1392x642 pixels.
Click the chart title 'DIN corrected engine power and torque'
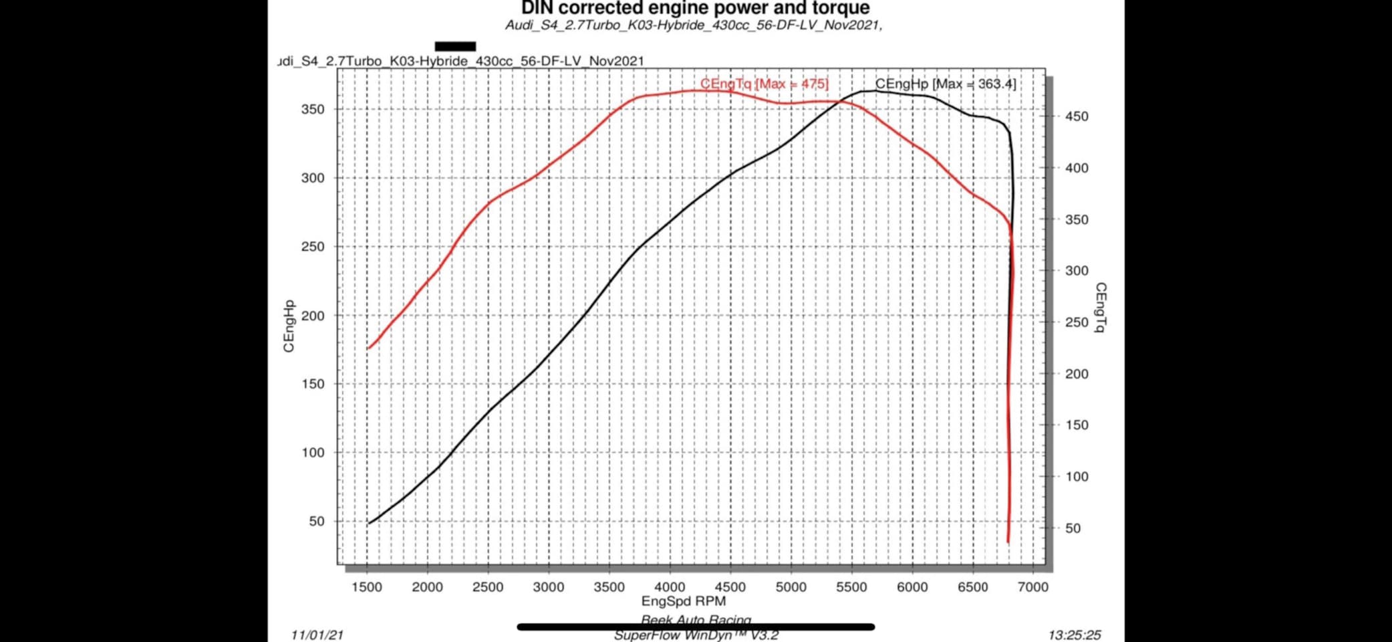695,8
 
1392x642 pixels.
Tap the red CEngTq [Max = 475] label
764,84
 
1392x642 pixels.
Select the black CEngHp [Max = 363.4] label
945,84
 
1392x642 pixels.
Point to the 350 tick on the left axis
313,109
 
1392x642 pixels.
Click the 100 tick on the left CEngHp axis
313,453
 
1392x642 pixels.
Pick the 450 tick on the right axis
1076,116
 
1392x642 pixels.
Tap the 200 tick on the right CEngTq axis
1076,374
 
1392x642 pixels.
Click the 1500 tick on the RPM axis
367,587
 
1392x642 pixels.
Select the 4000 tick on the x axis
670,587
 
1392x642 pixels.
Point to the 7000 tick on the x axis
1032,587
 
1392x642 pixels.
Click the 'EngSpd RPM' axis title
683,601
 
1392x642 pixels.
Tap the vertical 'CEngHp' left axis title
289,326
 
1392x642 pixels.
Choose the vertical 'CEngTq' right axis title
1100,308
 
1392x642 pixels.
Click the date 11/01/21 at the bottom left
317,635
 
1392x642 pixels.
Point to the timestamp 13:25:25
1074,635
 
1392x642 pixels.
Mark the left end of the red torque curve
368,348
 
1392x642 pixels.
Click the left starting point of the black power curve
368,523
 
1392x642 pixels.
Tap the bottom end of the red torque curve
1008,541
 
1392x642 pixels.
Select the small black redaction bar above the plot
455,46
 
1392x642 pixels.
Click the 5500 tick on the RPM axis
851,587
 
